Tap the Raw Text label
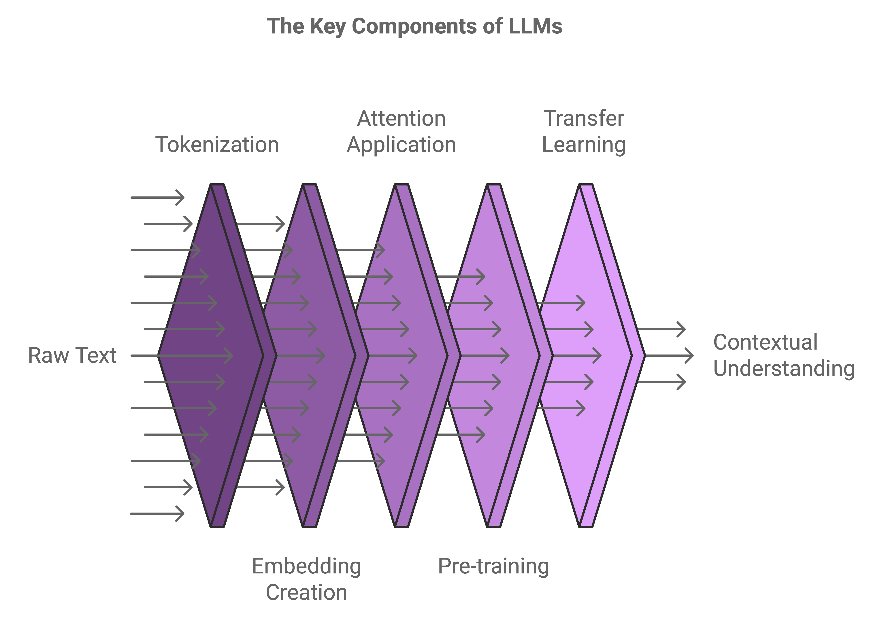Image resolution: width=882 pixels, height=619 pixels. pyautogui.click(x=72, y=355)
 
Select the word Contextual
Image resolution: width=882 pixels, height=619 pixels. pyautogui.click(x=765, y=342)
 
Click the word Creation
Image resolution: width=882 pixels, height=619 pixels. pyautogui.click(x=307, y=592)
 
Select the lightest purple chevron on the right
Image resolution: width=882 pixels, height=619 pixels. pyautogui.click(x=592, y=355)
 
